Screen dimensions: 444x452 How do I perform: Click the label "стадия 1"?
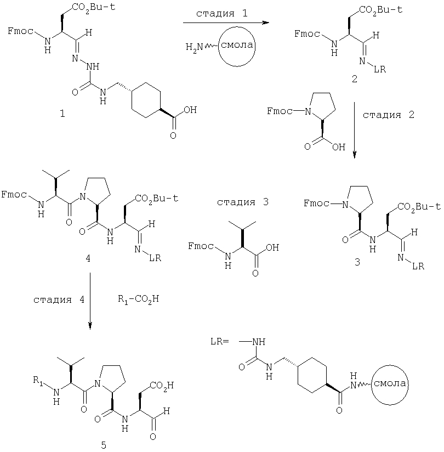click(x=221, y=14)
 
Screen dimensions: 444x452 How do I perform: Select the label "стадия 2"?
click(x=389, y=115)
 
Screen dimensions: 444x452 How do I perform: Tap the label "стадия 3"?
click(x=243, y=202)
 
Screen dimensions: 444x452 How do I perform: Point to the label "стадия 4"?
click(x=59, y=300)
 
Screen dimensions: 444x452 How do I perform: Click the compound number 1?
click(x=62, y=114)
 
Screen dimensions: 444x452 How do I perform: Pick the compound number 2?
click(x=355, y=78)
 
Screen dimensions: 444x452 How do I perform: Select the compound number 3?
click(x=357, y=262)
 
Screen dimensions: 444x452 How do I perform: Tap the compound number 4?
click(x=88, y=258)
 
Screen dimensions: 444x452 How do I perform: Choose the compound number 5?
click(x=104, y=445)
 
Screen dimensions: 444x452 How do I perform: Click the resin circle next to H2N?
click(x=237, y=27)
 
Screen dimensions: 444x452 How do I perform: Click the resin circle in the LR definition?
click(x=390, y=366)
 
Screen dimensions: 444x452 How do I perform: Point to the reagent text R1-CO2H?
click(x=138, y=300)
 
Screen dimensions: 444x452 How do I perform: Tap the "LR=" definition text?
click(x=219, y=342)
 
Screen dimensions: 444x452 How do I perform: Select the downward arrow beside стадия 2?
click(x=355, y=130)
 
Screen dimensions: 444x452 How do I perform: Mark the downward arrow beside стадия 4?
click(x=90, y=301)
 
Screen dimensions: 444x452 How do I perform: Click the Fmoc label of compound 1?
click(x=20, y=31)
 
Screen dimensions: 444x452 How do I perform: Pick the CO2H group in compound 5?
click(x=162, y=386)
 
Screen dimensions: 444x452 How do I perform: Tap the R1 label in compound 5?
click(x=38, y=381)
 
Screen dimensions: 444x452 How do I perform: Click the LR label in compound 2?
click(x=380, y=69)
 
